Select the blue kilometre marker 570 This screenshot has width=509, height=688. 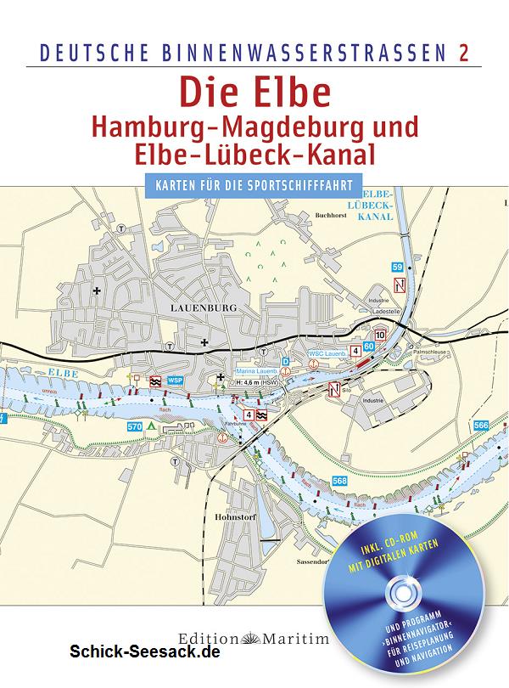[134, 426]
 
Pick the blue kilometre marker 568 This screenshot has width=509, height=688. [339, 480]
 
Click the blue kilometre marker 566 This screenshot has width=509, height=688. [481, 425]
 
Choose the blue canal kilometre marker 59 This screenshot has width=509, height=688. [397, 268]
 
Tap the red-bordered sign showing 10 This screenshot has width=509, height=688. [380, 336]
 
